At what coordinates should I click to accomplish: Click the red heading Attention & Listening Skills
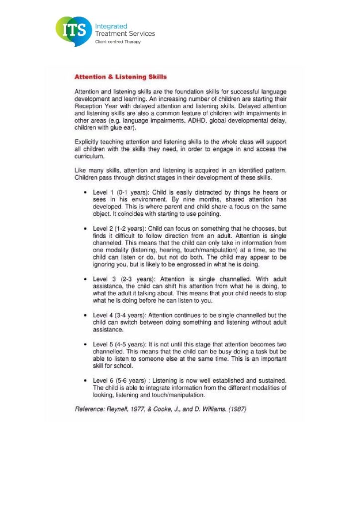click(x=120, y=77)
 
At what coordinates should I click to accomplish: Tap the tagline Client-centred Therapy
click(x=117, y=42)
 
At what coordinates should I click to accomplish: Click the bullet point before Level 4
click(x=87, y=315)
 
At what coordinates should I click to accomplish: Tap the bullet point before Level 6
click(x=87, y=381)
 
